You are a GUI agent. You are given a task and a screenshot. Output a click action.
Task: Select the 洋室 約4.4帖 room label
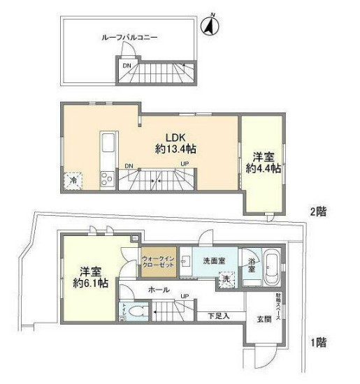(263, 162)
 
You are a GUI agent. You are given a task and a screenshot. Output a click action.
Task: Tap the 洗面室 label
(214, 260)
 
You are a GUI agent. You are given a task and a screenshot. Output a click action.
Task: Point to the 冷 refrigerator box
(73, 180)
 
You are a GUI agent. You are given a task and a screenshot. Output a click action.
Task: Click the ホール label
(158, 288)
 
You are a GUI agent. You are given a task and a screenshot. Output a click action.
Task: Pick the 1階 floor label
(318, 342)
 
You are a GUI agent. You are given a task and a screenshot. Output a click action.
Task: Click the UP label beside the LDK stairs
(184, 165)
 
